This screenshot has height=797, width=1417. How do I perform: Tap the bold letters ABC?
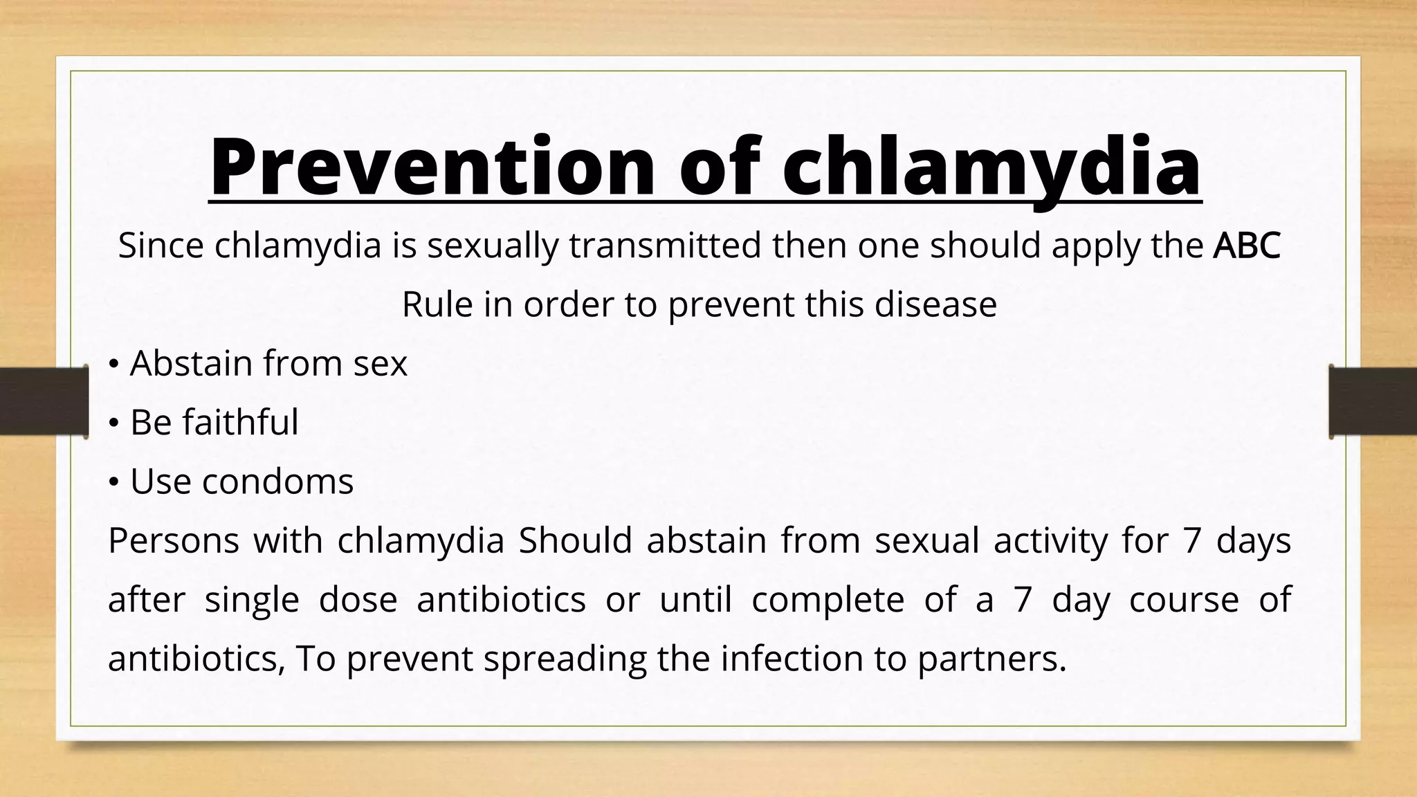coord(1246,246)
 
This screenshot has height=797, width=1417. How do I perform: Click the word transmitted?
coord(665,246)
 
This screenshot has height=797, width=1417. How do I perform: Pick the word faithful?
coord(240,422)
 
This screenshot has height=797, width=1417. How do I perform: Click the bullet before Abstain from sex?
coord(114,365)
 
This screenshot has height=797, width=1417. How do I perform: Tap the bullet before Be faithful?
coord(114,423)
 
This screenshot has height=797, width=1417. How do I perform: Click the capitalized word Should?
coord(575,540)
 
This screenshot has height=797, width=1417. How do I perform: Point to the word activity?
coord(1050,540)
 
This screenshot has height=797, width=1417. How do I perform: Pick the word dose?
coord(358,599)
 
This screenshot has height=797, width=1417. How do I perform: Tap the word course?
coord(1184,599)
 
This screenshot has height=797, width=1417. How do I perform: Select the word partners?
coord(991,659)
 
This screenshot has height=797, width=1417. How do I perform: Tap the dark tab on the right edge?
coord(1373,402)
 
